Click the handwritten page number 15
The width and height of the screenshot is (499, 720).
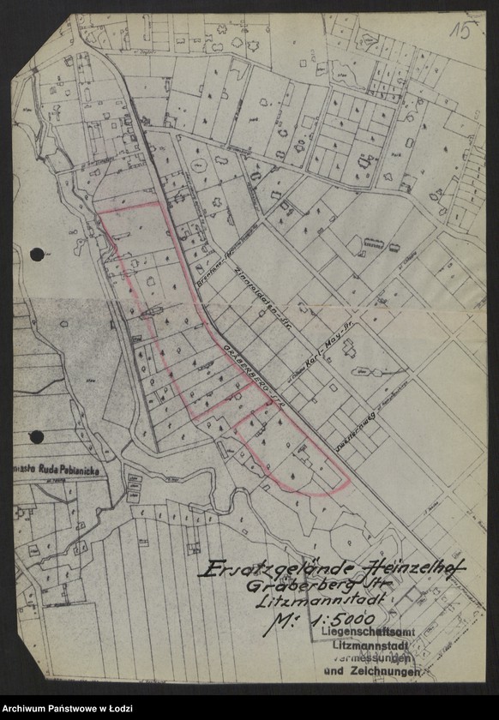pos(465,31)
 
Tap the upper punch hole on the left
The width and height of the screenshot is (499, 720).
pos(37,254)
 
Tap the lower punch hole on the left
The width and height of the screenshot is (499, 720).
pos(37,437)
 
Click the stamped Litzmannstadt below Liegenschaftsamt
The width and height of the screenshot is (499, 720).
pos(371,645)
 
